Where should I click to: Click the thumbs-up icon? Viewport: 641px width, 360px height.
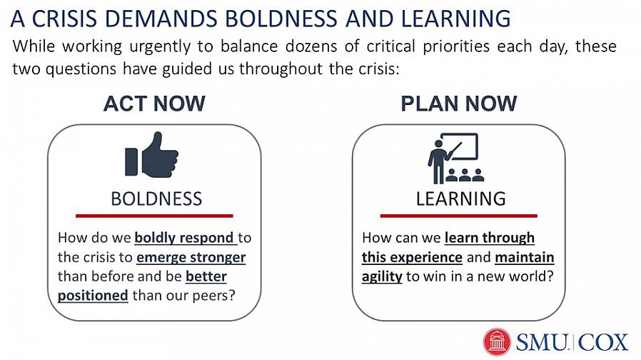tap(151, 155)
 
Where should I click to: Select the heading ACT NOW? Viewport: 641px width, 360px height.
tap(154, 104)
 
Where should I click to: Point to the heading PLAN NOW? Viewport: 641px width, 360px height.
tap(459, 104)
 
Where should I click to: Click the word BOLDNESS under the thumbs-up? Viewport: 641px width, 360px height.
tap(156, 199)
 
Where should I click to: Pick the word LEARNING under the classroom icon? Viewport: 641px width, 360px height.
tap(460, 199)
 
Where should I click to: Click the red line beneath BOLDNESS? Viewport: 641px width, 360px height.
tap(154, 216)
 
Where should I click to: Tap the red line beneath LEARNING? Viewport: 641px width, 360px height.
tap(459, 216)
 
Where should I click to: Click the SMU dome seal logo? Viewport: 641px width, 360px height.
tap(497, 341)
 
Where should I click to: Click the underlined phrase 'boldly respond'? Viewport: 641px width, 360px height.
tap(184, 238)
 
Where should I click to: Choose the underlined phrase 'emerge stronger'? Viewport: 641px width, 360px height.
tap(191, 257)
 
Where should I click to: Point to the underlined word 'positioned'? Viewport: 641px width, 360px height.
tap(93, 296)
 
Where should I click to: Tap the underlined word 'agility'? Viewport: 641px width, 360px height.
tap(382, 276)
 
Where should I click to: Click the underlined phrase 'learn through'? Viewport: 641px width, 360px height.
tap(490, 238)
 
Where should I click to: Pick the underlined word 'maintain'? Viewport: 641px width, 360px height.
tap(525, 257)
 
